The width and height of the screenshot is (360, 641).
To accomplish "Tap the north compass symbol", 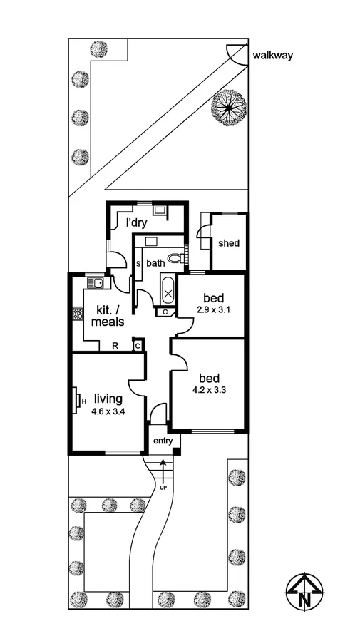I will (x=304, y=592).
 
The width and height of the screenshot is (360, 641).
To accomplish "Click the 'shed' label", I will (x=229, y=243).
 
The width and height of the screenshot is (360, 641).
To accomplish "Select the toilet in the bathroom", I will (x=174, y=258).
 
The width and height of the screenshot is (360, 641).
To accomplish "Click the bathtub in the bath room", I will (x=168, y=291).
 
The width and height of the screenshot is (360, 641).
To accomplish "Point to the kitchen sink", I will (x=94, y=283).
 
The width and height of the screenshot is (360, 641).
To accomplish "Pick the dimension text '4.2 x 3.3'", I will (x=210, y=390).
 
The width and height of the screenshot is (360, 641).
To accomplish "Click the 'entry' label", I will (x=163, y=442).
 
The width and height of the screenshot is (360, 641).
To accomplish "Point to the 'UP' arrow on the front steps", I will (x=163, y=473).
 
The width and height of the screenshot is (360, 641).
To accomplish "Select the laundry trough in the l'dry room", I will (x=160, y=210).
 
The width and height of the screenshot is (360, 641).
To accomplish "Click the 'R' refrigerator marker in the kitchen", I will (x=115, y=346).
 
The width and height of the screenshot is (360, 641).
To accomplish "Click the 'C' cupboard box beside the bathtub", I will (x=165, y=312).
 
